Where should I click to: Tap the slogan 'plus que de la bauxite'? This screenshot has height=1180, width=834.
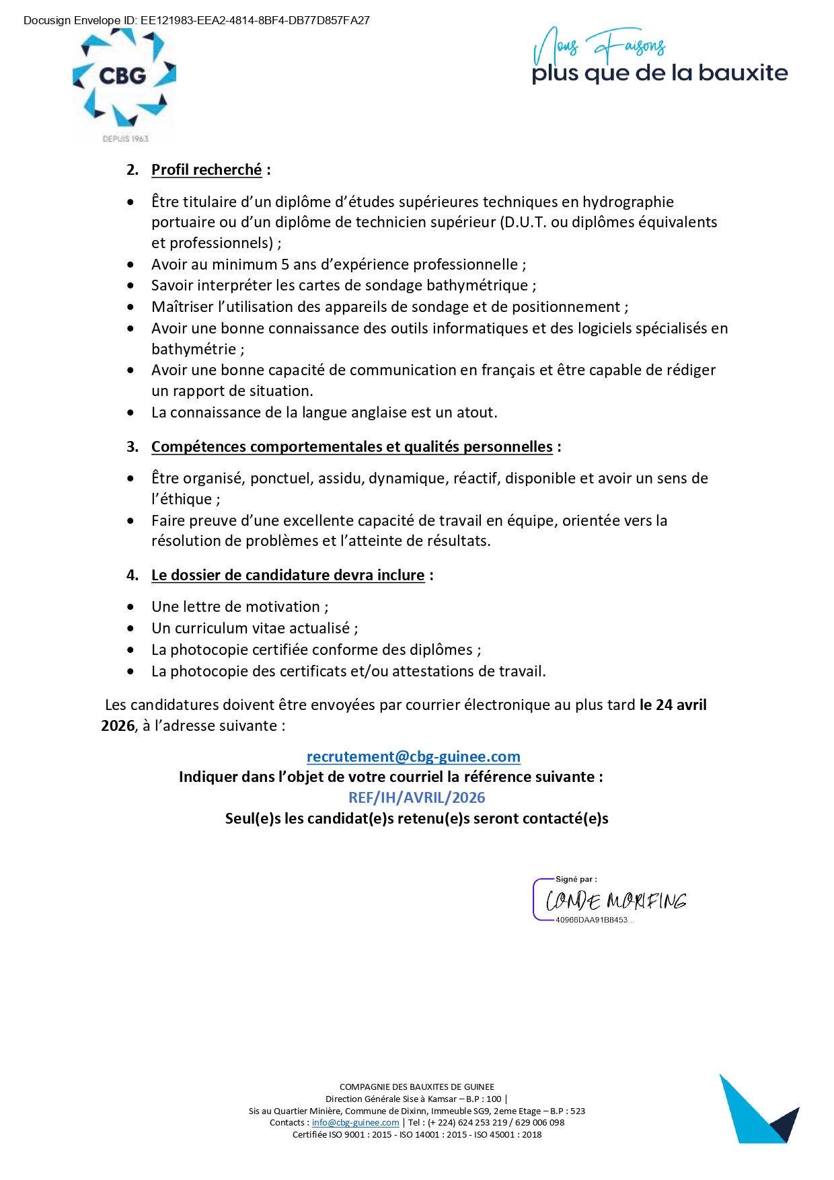pyautogui.click(x=659, y=73)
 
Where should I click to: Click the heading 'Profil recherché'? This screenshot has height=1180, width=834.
pyautogui.click(x=206, y=170)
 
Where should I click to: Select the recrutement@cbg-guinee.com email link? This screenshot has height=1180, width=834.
pyautogui.click(x=413, y=756)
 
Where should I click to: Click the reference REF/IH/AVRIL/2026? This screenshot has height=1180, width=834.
pyautogui.click(x=416, y=797)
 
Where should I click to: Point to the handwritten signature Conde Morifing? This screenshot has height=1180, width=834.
pyautogui.click(x=615, y=900)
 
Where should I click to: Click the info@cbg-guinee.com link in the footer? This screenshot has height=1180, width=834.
pyautogui.click(x=355, y=1122)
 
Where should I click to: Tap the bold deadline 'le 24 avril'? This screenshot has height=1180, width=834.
pyautogui.click(x=673, y=705)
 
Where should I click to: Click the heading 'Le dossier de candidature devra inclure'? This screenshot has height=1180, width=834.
pyautogui.click(x=288, y=576)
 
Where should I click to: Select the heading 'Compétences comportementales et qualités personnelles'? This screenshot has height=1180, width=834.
pyautogui.click(x=352, y=447)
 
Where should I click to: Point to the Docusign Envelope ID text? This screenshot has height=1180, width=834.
pyautogui.click(x=196, y=20)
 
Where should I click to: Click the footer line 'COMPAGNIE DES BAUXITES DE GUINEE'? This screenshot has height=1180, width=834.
pyautogui.click(x=416, y=1087)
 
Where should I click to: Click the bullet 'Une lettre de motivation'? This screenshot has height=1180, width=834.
pyautogui.click(x=235, y=607)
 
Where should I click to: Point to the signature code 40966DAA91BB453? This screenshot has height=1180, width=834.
pyautogui.click(x=592, y=920)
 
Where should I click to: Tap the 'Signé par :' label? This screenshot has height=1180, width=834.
pyautogui.click(x=576, y=879)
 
